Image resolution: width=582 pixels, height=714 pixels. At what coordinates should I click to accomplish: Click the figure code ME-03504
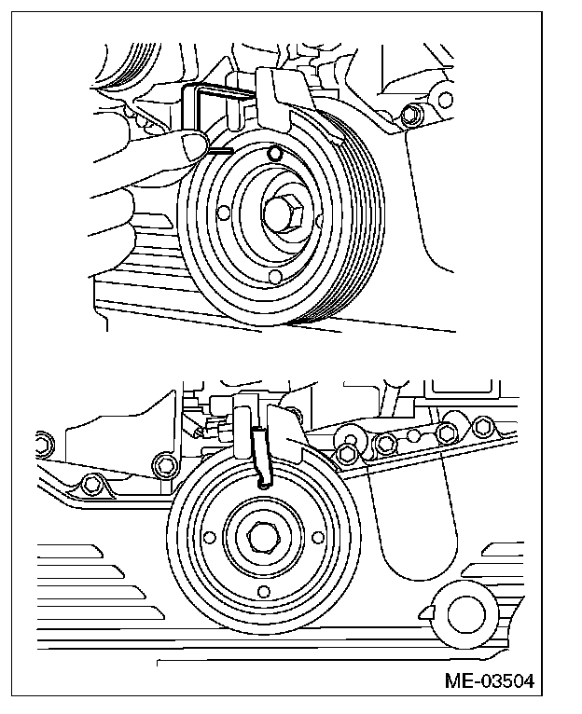(489, 681)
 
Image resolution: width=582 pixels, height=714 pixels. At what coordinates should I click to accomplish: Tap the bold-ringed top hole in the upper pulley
(274, 154)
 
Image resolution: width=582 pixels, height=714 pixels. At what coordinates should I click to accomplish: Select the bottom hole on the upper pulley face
(274, 277)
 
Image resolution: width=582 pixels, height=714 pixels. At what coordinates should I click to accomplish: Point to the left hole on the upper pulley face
(223, 213)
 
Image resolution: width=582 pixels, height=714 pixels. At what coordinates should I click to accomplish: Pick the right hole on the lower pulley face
(318, 538)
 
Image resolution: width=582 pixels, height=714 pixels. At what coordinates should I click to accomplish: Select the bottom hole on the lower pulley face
(263, 592)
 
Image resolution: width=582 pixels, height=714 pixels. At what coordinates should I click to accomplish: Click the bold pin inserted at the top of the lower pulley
(261, 458)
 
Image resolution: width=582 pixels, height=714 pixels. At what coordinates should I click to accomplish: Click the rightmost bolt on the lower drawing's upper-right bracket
(482, 427)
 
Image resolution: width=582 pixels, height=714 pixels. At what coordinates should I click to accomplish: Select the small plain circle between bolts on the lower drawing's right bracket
(413, 435)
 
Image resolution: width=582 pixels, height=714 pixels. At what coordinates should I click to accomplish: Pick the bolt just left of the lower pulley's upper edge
(162, 464)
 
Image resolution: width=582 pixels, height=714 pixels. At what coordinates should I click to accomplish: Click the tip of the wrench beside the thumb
(231, 151)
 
